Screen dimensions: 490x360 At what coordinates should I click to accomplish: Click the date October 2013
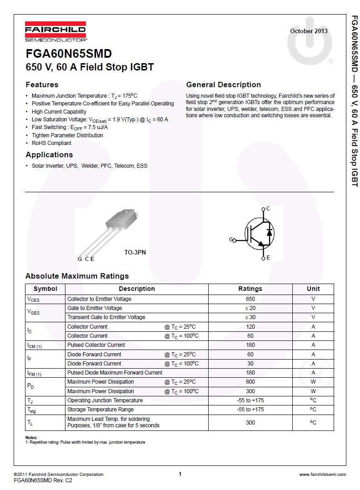pos(309,31)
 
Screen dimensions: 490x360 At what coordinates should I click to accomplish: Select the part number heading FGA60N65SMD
pos(69,54)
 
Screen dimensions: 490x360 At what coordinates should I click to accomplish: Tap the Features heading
pos(42,85)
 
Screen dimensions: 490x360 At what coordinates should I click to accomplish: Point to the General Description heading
pos(223,85)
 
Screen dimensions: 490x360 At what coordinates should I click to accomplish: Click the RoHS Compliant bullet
pos(51,143)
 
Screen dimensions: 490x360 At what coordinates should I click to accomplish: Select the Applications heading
pos(49,155)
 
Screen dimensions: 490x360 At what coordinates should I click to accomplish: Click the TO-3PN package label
pos(135,252)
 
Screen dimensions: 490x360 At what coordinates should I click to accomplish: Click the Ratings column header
pos(250,289)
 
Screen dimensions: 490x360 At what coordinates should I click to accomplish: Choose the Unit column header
pos(313,289)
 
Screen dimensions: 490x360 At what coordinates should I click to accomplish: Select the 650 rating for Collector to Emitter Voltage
pos(250,299)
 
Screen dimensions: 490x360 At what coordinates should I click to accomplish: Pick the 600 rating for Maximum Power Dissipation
pos(250,382)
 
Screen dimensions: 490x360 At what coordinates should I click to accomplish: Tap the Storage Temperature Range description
pos(100,410)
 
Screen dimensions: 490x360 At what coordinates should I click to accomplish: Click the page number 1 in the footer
pos(180,474)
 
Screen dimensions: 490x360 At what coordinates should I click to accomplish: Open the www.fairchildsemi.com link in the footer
pos(322,475)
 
